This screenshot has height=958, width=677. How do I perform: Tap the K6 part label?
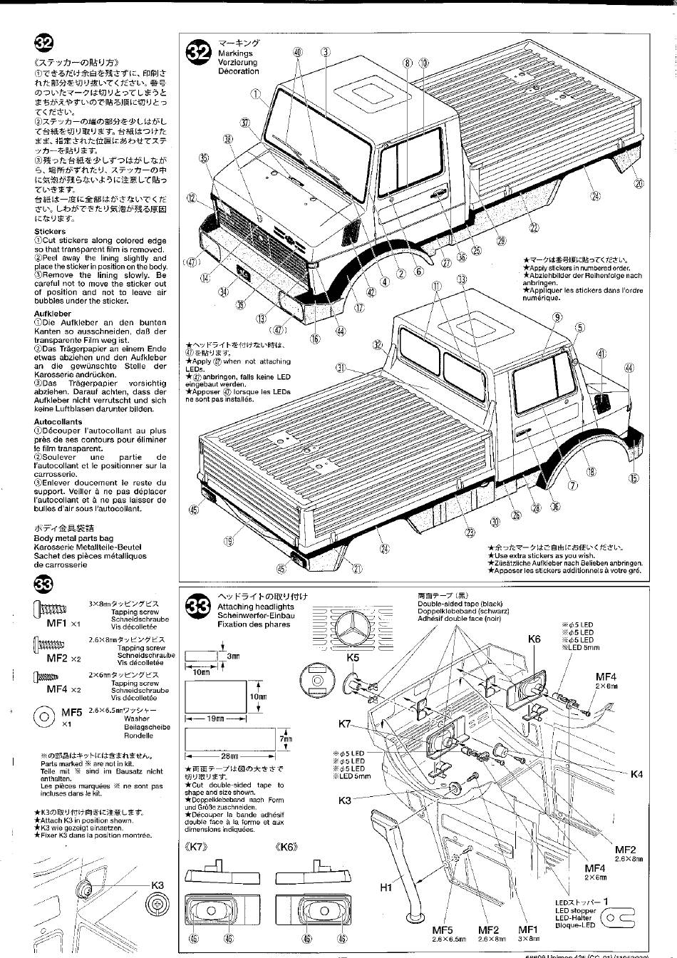tap(534, 639)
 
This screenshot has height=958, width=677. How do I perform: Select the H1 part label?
tap(386, 887)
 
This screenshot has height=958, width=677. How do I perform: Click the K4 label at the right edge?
tap(637, 775)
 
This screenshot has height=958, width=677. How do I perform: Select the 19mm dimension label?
tap(215, 718)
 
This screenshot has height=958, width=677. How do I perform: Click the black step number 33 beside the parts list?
tap(43, 584)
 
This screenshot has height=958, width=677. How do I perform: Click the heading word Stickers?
tap(50, 232)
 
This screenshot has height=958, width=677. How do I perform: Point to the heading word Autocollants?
tap(58, 422)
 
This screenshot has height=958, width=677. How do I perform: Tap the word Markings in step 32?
tap(235, 53)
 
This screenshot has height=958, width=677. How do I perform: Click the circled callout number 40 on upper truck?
tap(297, 52)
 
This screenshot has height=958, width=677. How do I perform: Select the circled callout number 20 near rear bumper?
tap(639, 183)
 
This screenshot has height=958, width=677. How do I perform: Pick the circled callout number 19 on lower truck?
tap(228, 541)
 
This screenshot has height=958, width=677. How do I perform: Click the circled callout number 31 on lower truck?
tap(341, 368)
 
